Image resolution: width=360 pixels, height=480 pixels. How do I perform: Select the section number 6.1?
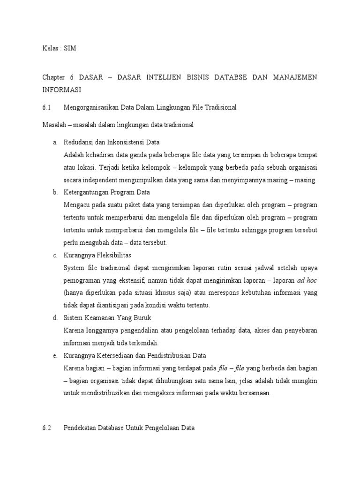point(46,107)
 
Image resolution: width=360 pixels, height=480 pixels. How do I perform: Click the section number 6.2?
point(46,428)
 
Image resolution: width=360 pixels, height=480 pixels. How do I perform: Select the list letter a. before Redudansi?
point(55,142)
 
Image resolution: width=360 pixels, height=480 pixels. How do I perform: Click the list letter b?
point(55,192)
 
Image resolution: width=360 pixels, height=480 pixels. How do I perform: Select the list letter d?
point(55,318)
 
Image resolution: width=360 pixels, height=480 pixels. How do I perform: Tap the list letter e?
point(55,355)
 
